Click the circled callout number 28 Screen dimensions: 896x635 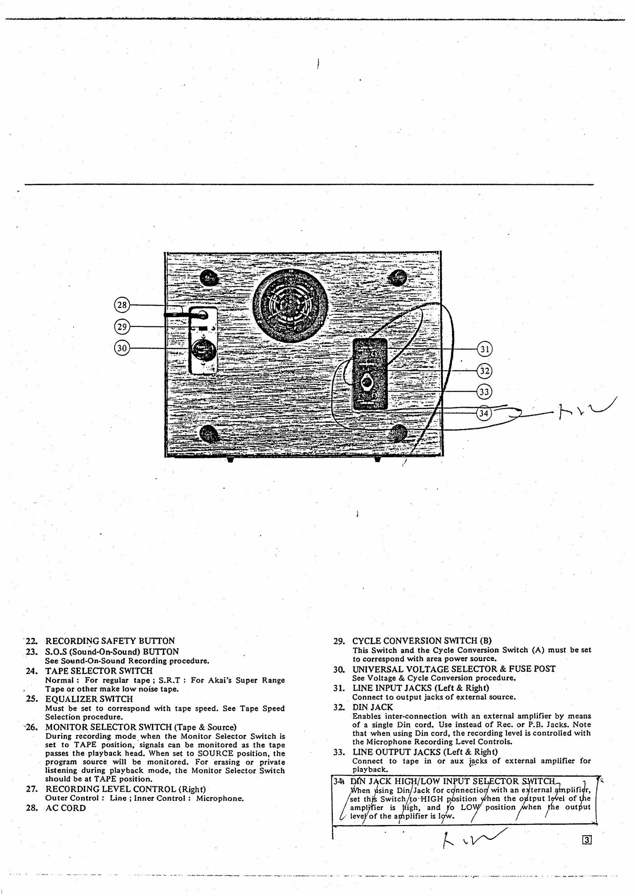(x=122, y=305)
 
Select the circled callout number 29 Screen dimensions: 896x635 (x=122, y=326)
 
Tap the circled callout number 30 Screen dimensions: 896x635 (x=122, y=348)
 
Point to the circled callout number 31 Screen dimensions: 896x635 (x=485, y=349)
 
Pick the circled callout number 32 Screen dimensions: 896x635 (x=485, y=371)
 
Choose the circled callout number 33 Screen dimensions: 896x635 (x=484, y=392)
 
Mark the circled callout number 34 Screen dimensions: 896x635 (x=484, y=413)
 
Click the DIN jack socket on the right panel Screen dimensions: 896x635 (x=368, y=380)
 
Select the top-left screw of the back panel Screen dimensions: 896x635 (x=208, y=278)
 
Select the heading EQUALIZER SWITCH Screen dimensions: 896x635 (x=89, y=699)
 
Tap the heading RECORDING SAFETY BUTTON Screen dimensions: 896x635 (x=110, y=641)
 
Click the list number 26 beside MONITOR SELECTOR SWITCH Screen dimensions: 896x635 (x=32, y=727)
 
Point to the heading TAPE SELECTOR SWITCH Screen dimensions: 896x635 (x=99, y=671)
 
